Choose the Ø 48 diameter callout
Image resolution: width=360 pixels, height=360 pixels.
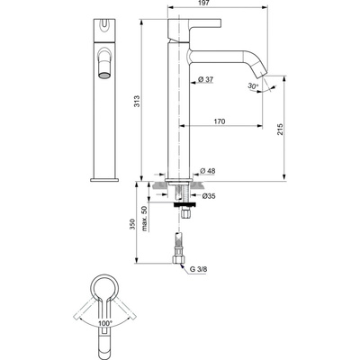click(x=208, y=171)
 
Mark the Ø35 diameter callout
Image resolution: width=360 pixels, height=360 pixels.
click(x=208, y=194)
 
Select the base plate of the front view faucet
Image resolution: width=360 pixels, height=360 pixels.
click(x=104, y=179)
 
